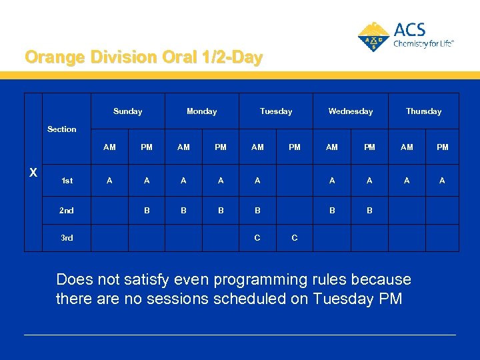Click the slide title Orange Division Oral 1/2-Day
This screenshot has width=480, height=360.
coord(143,57)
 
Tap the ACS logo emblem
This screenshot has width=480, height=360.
coord(373,36)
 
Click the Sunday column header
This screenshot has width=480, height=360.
coord(127,111)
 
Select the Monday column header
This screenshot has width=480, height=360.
coord(201,111)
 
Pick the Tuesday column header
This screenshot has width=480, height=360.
coord(276,111)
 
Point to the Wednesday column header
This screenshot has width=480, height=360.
coord(350,111)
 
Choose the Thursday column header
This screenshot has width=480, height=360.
coord(424,111)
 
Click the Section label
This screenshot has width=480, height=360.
coord(62,129)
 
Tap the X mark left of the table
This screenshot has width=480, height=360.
coord(33,173)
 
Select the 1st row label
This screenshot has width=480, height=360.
coord(67,181)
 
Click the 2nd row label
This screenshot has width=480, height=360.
coord(67,211)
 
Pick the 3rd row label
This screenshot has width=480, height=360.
coord(67,238)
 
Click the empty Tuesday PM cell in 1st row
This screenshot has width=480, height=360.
coord(295,181)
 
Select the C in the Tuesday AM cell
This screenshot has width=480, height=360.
coord(257,238)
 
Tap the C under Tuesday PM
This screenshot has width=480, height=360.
coord(295,238)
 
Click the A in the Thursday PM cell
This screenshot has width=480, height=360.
coord(442,181)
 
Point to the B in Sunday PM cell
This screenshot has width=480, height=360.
coord(147,211)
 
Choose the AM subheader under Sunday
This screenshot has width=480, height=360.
coord(110,147)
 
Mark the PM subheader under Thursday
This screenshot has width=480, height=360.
coord(442,147)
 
